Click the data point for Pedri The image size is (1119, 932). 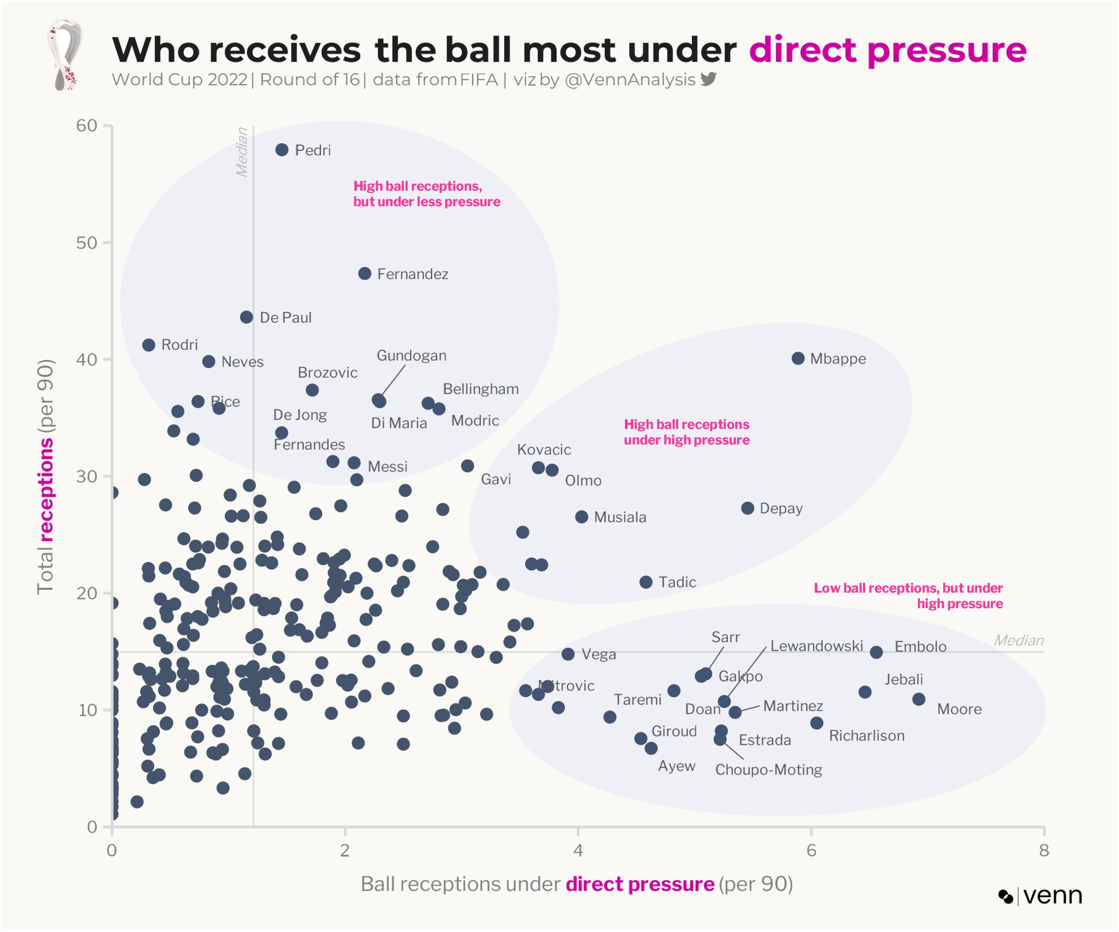[x=281, y=150]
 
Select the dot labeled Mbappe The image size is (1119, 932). [x=798, y=358]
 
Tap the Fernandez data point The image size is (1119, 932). [x=365, y=273]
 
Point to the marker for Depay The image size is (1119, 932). [x=747, y=508]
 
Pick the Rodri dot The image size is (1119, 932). [x=149, y=345]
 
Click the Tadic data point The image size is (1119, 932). [x=646, y=582]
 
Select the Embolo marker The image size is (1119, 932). [x=876, y=652]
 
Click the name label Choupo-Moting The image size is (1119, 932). [x=768, y=769]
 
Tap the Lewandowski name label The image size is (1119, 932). [x=816, y=646]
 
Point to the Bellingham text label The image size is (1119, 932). [x=480, y=389]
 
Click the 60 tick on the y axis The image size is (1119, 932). [x=87, y=126]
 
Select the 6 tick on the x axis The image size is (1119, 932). [x=811, y=850]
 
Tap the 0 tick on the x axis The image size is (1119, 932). [x=112, y=850]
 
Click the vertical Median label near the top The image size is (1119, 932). [x=242, y=152]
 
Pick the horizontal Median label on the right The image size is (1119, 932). [x=1018, y=640]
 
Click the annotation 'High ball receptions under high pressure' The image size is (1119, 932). [x=686, y=432]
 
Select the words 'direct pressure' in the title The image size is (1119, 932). [x=888, y=49]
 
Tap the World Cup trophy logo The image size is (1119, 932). [x=64, y=55]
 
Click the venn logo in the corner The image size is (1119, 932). [x=1040, y=896]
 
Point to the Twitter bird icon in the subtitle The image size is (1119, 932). [x=708, y=79]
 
